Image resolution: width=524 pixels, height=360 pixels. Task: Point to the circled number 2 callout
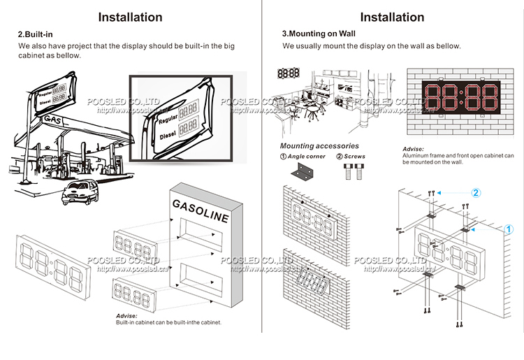pyautogui.click(x=475, y=192)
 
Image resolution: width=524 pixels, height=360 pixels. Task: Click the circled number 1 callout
pyautogui.click(x=509, y=229)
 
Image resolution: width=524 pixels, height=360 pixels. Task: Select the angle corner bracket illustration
pyautogui.click(x=305, y=170)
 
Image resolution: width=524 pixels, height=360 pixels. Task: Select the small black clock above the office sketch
pyautogui.click(x=288, y=72)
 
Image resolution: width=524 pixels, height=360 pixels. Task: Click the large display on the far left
pyautogui.click(x=52, y=264)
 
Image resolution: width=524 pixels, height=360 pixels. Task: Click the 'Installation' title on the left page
pyautogui.click(x=130, y=17)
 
